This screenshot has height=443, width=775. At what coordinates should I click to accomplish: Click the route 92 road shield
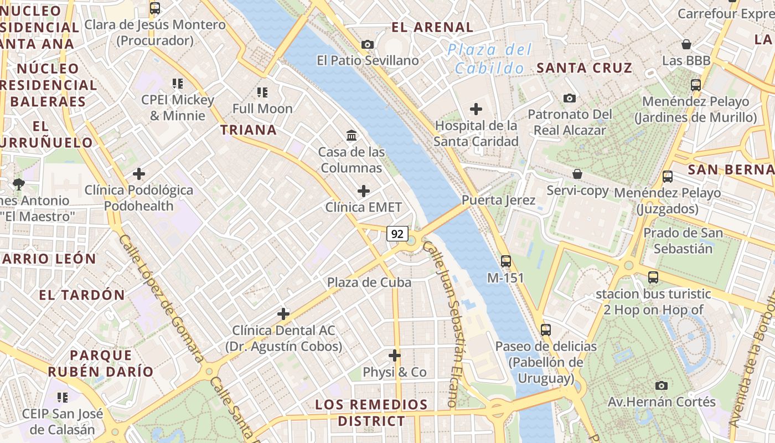(x=397, y=234)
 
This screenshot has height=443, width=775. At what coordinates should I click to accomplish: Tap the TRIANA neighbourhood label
(x=249, y=130)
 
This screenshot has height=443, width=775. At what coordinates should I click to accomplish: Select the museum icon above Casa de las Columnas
(x=352, y=135)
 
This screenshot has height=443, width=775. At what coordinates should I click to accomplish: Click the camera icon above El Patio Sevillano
(x=368, y=44)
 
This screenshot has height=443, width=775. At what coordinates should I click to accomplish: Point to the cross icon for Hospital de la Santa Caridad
(x=476, y=109)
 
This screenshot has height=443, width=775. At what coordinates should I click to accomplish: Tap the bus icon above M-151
(x=505, y=261)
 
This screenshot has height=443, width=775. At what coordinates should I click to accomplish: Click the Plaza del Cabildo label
(x=489, y=59)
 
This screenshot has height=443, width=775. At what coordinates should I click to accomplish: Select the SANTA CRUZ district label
(x=585, y=68)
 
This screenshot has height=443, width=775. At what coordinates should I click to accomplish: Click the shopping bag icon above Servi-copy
(x=577, y=174)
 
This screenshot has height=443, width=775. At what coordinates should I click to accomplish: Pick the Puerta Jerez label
(x=499, y=200)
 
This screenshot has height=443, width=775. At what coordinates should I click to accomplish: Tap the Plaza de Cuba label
(x=369, y=282)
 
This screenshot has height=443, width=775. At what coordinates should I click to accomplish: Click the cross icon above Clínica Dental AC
(x=283, y=314)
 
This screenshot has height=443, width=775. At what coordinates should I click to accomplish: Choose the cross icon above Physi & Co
(x=395, y=355)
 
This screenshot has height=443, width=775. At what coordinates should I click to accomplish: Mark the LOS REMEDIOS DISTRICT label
(x=371, y=413)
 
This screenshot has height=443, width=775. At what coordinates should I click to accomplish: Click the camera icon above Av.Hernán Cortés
(x=661, y=385)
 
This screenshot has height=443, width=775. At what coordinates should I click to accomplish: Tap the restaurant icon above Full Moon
(x=262, y=92)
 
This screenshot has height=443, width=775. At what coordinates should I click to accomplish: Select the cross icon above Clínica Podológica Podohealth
(x=139, y=174)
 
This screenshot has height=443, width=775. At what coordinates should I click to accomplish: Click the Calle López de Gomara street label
(x=161, y=298)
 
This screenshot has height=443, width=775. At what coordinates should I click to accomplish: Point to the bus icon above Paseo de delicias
(x=546, y=329)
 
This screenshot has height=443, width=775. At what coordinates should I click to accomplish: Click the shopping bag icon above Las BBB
(x=686, y=44)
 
